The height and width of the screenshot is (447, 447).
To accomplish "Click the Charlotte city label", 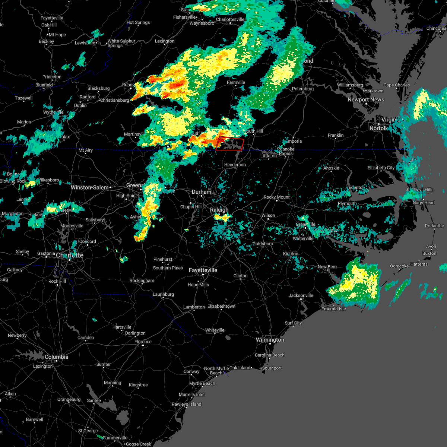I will point(70,255).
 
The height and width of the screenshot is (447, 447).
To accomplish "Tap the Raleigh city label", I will point(219,210).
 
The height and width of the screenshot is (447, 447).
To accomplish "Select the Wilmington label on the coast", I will point(270,340).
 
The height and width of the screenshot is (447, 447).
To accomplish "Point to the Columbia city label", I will point(57,357).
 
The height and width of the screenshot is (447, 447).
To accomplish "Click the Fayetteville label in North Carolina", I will point(203,270).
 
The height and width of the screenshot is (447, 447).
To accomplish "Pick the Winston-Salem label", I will point(90,187).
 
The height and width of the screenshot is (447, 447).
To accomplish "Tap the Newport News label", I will point(366,99).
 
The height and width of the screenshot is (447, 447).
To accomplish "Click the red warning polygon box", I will point(229,144).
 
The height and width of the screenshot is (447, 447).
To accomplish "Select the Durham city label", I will point(202,192).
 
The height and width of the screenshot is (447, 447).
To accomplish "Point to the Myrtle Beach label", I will point(202,383).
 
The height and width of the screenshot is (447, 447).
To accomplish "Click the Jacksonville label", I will point(301,295).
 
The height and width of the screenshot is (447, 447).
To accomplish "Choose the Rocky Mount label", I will point(277,197).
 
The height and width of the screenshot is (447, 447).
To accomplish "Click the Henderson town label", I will point(235,165).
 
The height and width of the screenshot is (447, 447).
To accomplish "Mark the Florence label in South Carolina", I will point(143,342).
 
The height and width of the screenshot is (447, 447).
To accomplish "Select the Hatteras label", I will point(419,264).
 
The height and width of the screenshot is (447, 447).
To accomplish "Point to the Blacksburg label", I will point(99,88).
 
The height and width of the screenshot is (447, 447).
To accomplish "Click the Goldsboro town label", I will point(263,244).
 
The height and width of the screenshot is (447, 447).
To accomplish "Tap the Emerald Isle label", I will point(334,309).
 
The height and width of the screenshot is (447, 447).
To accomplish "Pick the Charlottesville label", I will point(230,19).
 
